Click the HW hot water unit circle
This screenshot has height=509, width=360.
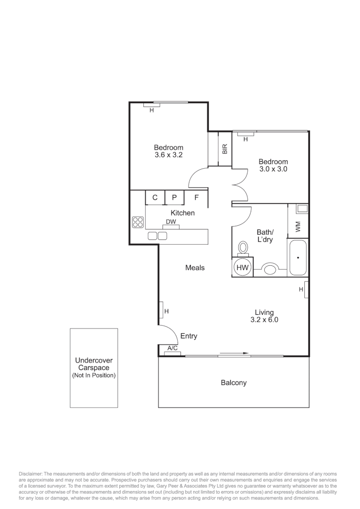242,267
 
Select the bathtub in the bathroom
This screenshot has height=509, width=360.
298,258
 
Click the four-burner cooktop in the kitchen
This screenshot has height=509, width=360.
138,222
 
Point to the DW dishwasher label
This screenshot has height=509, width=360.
171,222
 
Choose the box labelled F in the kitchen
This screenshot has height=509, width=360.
196,198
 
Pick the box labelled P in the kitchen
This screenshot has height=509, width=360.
174,198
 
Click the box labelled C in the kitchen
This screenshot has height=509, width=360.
155,198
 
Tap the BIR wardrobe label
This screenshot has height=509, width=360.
225,149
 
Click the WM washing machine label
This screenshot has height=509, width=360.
298,227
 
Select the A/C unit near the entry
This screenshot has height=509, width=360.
173,348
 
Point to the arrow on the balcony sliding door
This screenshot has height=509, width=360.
234,353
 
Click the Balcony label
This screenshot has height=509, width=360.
234,383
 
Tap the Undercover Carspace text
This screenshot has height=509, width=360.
94,364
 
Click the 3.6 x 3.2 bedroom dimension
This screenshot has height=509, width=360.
168,155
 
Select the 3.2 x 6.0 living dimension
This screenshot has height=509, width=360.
264,320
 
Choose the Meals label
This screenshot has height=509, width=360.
195,268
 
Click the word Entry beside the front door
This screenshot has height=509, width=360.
188,336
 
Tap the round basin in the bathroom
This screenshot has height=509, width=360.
270,270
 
